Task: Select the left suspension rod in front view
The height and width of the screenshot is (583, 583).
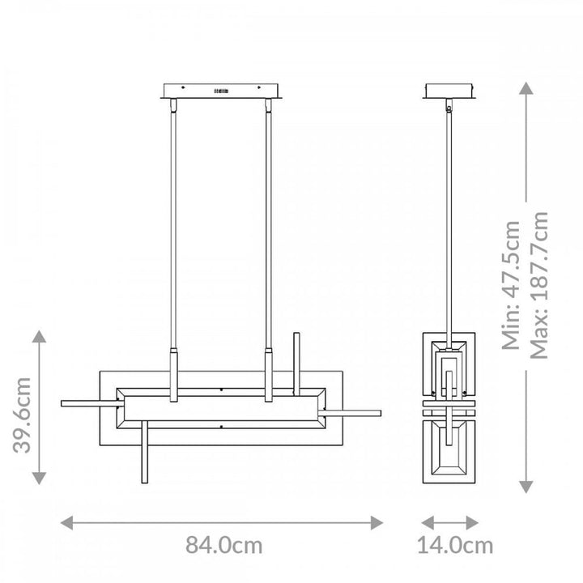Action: click(172, 227)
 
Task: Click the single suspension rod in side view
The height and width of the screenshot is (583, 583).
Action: click(449, 219)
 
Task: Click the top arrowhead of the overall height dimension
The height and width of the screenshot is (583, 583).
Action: click(526, 89)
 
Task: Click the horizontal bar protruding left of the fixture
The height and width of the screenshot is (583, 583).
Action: click(89, 402)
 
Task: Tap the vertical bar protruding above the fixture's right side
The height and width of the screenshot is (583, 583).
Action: click(297, 356)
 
